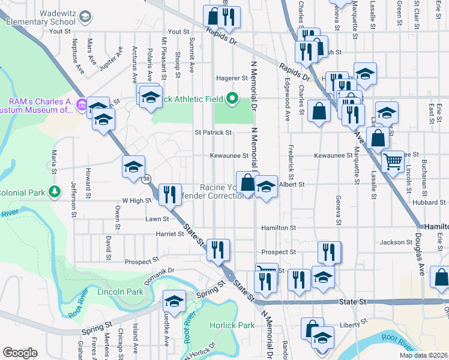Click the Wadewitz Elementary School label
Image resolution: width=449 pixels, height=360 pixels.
coord(43,16)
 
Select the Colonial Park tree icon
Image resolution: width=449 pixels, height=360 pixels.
coord(55,192)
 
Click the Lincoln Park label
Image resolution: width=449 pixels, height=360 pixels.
coord(122,292)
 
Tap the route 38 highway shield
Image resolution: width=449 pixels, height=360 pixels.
coord(146,179)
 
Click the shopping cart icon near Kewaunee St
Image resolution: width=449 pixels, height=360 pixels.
coord(393,160)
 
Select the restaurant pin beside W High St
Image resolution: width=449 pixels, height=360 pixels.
coord(169,193)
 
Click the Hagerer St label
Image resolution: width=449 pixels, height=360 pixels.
coord(232,78)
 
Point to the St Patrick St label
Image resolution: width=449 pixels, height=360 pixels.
coord(212,132)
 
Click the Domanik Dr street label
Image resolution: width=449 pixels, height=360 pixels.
coord(159,277)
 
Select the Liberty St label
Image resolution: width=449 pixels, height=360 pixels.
coord(354,324)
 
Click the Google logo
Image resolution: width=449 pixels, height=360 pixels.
coord(20,353)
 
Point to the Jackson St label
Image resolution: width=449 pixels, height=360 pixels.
coord(394,242)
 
